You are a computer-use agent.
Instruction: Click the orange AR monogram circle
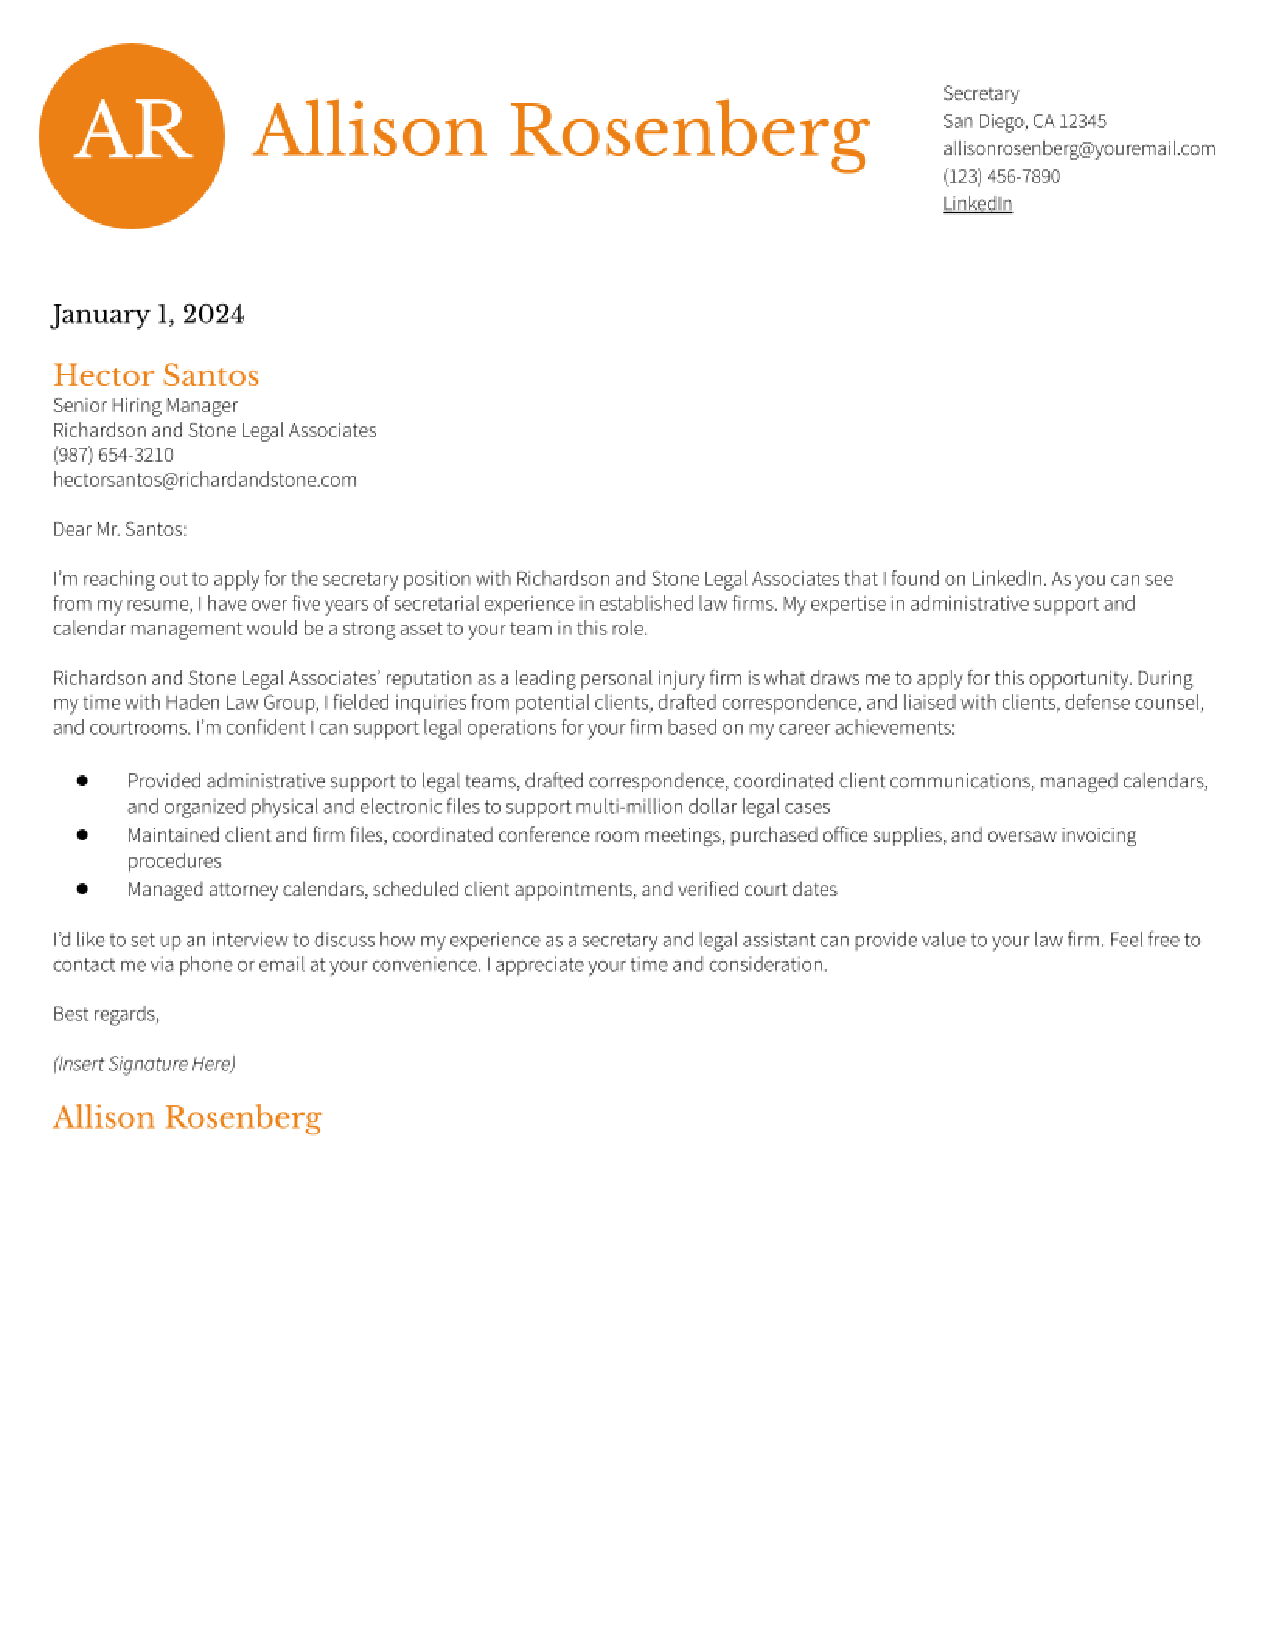pos(131,135)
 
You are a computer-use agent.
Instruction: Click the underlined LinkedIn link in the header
pos(977,204)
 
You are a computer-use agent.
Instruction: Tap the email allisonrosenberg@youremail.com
pos(1078,148)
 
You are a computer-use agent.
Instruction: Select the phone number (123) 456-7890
pos(1001,176)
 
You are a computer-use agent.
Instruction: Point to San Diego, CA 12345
pos(1024,121)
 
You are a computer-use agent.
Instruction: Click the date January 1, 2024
pos(148,314)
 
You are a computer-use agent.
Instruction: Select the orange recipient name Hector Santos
pos(156,375)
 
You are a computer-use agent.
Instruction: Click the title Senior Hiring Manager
pos(145,405)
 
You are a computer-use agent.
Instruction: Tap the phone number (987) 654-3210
pos(113,455)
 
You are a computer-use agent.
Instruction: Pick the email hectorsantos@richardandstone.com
pos(204,480)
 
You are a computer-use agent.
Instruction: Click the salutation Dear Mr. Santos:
pos(119,529)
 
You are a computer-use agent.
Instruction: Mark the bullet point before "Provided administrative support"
pos(82,781)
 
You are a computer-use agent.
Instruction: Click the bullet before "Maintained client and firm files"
pos(82,835)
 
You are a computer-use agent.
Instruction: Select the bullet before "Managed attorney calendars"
pos(82,889)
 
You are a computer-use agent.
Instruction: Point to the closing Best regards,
pos(106,1014)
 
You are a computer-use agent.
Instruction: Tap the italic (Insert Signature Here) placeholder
pos(144,1064)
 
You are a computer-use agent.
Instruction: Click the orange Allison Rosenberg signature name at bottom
pos(188,1118)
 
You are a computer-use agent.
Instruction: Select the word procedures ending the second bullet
pos(174,861)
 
